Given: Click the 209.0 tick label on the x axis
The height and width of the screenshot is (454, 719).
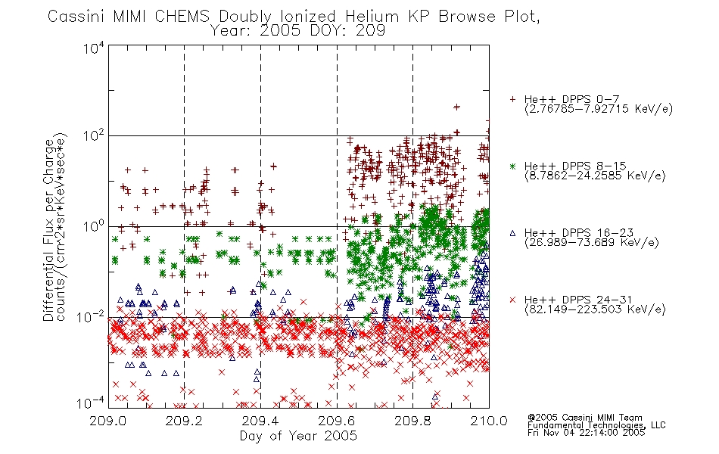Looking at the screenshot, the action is [108, 421].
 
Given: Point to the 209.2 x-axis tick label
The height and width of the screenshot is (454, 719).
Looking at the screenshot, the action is [185, 421].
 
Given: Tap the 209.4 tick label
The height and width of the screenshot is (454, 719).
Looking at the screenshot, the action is [260, 421].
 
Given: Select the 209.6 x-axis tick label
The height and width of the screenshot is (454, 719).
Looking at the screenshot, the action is [337, 421].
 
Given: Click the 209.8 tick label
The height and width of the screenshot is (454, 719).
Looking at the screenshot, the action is [412, 421].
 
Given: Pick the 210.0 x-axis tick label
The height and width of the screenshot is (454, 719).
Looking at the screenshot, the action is [489, 421].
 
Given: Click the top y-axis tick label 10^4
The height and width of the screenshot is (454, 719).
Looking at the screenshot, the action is [94, 48].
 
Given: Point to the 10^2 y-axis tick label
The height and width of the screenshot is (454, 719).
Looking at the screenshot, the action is [94, 136].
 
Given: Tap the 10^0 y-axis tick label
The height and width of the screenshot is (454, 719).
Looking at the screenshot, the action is [94, 226].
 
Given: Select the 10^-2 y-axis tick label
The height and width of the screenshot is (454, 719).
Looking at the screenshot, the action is [91, 316].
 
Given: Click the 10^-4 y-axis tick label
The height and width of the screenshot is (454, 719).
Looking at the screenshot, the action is [91, 403].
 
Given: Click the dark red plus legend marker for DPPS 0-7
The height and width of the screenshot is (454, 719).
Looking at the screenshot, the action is [512, 99].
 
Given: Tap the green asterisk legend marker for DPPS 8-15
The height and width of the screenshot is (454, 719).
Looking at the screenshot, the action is [512, 166].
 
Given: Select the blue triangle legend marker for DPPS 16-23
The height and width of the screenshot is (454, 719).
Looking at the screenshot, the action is [512, 233].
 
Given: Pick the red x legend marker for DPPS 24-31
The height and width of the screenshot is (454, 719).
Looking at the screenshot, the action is [512, 300].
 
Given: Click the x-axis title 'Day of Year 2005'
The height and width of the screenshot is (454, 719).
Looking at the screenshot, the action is [298, 436].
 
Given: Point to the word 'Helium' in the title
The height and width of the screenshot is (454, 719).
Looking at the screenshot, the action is [372, 17].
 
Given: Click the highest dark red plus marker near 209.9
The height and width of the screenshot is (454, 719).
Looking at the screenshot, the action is [456, 107].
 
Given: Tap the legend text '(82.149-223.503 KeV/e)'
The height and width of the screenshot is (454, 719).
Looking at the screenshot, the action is [595, 309].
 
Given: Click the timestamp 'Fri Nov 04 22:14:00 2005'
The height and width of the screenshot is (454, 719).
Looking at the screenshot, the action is [586, 433].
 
